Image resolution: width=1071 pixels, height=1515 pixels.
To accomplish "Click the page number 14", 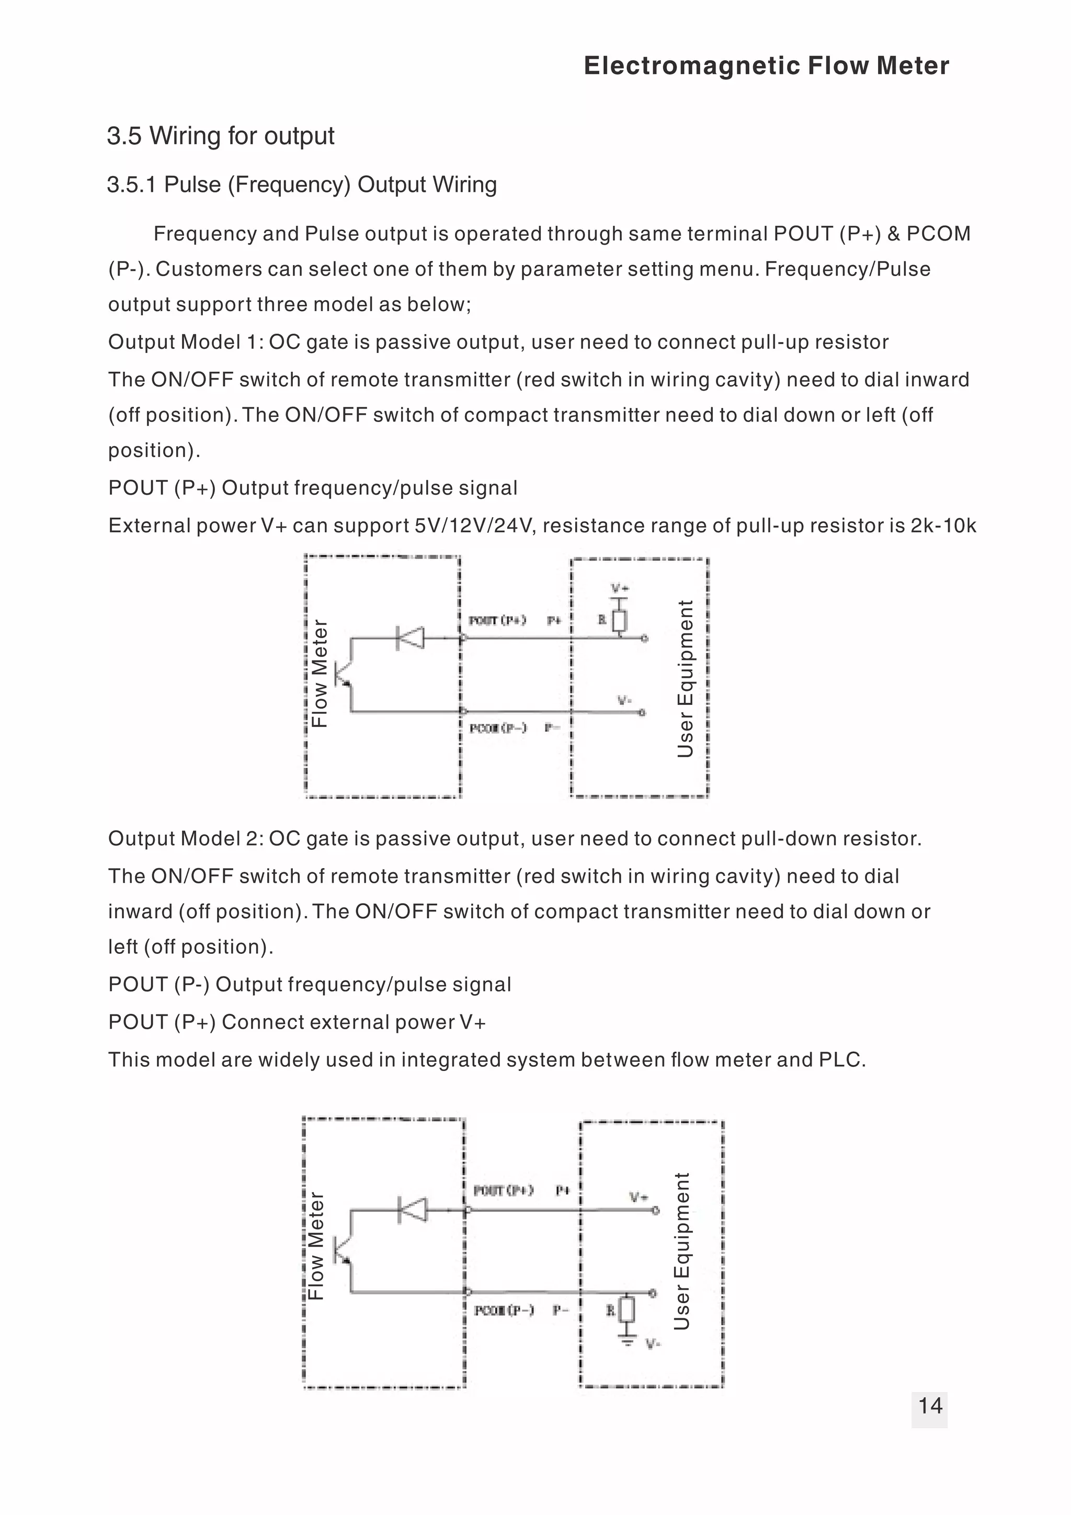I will (x=929, y=1406).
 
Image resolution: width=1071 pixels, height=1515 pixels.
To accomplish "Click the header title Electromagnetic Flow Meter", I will (x=766, y=66).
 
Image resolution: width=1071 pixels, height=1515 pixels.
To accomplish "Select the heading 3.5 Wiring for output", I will (x=220, y=136).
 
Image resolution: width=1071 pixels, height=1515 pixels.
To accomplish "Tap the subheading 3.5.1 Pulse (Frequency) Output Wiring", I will (x=302, y=185).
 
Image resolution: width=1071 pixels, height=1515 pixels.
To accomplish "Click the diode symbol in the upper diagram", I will (x=411, y=638).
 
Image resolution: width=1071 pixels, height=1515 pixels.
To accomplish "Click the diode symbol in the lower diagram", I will (x=413, y=1210).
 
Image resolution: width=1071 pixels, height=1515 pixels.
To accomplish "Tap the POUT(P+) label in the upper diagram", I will (x=497, y=620).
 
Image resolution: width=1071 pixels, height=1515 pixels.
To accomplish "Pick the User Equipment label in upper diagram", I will (x=686, y=678).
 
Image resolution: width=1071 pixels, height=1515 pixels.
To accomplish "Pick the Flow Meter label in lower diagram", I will (x=317, y=1246).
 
